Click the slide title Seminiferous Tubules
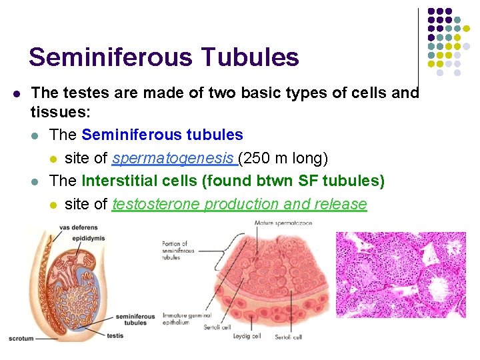click(163, 57)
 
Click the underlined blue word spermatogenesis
click(175, 159)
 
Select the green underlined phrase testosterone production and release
click(239, 204)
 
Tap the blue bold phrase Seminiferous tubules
click(162, 135)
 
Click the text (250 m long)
click(283, 159)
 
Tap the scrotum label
click(21, 339)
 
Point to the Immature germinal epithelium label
click(186, 319)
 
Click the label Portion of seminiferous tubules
click(179, 251)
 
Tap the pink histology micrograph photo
click(401, 274)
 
